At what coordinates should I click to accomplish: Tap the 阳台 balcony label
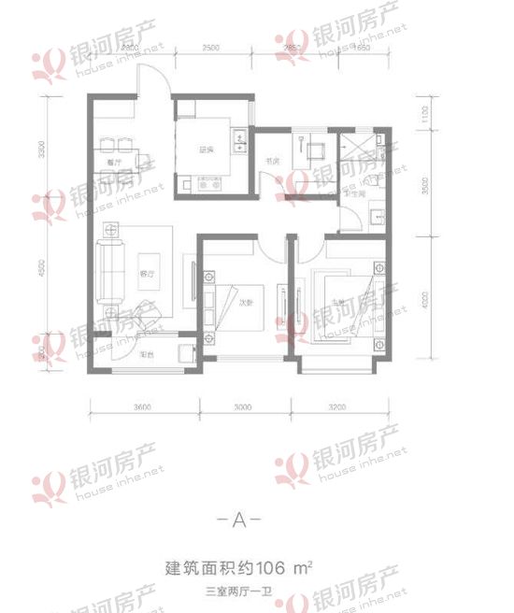coord(147,355)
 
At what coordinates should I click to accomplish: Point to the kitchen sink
coord(240,142)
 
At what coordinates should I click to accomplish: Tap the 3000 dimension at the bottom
coord(244,407)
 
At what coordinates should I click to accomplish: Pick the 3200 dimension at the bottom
coord(337,407)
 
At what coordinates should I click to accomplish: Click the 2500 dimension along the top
coord(211,47)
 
